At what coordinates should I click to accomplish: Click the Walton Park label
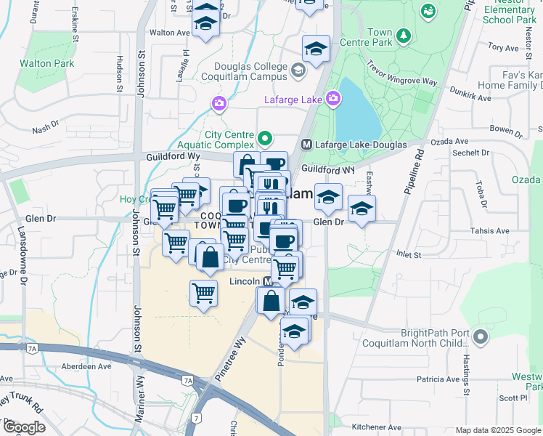[47, 63]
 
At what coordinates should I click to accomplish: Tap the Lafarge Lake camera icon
[333, 98]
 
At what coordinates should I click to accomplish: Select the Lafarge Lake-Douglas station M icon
[306, 144]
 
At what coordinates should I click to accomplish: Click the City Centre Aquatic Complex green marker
[265, 137]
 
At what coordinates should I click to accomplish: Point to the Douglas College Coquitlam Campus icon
[298, 70]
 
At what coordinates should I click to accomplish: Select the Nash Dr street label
[45, 129]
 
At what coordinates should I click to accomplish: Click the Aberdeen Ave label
[86, 367]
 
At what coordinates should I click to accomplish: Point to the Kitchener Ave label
[377, 427]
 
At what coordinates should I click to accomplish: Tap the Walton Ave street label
[169, 33]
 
